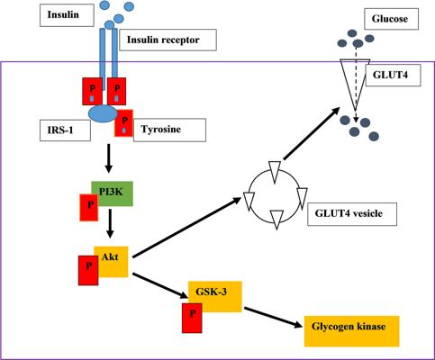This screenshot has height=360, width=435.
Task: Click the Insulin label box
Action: click(x=67, y=15)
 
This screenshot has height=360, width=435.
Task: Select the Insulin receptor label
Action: click(x=168, y=40)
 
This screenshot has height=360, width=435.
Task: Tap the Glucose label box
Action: click(x=391, y=19)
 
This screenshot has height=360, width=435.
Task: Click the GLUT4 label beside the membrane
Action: click(x=394, y=75)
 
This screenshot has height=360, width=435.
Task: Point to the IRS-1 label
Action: click(x=65, y=130)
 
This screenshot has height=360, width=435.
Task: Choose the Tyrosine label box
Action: click(x=169, y=130)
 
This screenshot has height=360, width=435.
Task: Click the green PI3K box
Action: click(x=113, y=193)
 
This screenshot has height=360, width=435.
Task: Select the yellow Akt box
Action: click(x=111, y=262)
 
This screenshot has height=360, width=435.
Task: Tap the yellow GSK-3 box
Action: click(x=215, y=296)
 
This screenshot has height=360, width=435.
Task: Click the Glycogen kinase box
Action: click(x=352, y=331)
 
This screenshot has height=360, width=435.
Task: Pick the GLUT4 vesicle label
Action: click(x=352, y=214)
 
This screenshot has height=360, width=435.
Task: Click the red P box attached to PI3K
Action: click(x=88, y=208)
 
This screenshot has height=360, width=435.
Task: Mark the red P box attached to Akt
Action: click(x=88, y=270)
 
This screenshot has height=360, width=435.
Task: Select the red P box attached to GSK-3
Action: click(x=192, y=318)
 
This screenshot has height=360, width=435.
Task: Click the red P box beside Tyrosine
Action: click(x=123, y=123)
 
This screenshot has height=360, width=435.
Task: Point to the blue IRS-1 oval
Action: click(x=103, y=113)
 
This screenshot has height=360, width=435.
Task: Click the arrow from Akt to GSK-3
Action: click(x=160, y=285)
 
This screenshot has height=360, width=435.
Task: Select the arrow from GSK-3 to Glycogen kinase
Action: click(x=273, y=318)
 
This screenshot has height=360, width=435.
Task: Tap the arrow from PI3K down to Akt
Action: click(x=110, y=223)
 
